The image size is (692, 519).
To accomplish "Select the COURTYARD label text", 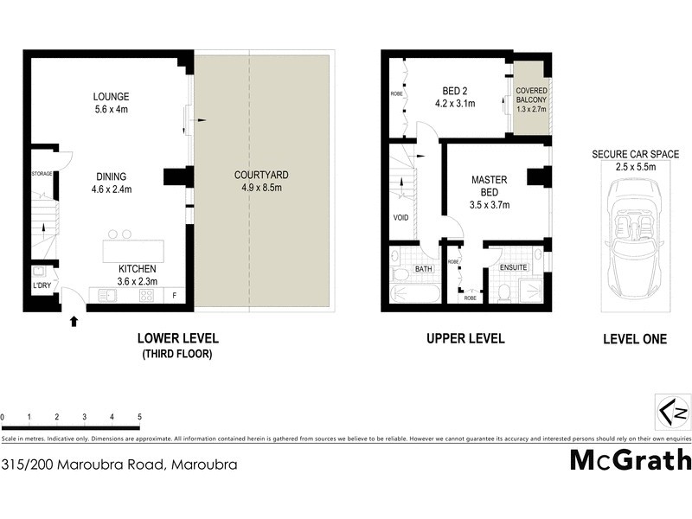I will (261, 175).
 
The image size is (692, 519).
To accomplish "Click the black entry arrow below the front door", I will (74, 322).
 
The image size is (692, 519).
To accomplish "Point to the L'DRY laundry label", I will (40, 285).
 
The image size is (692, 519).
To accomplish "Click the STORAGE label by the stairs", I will (42, 174).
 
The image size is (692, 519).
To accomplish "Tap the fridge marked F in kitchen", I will (176, 295).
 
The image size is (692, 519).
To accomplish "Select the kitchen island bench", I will (135, 251).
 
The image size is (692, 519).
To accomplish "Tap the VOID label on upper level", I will (400, 218).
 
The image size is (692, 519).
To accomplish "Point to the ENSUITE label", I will (514, 268).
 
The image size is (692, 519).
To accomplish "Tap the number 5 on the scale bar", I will (138, 417).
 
